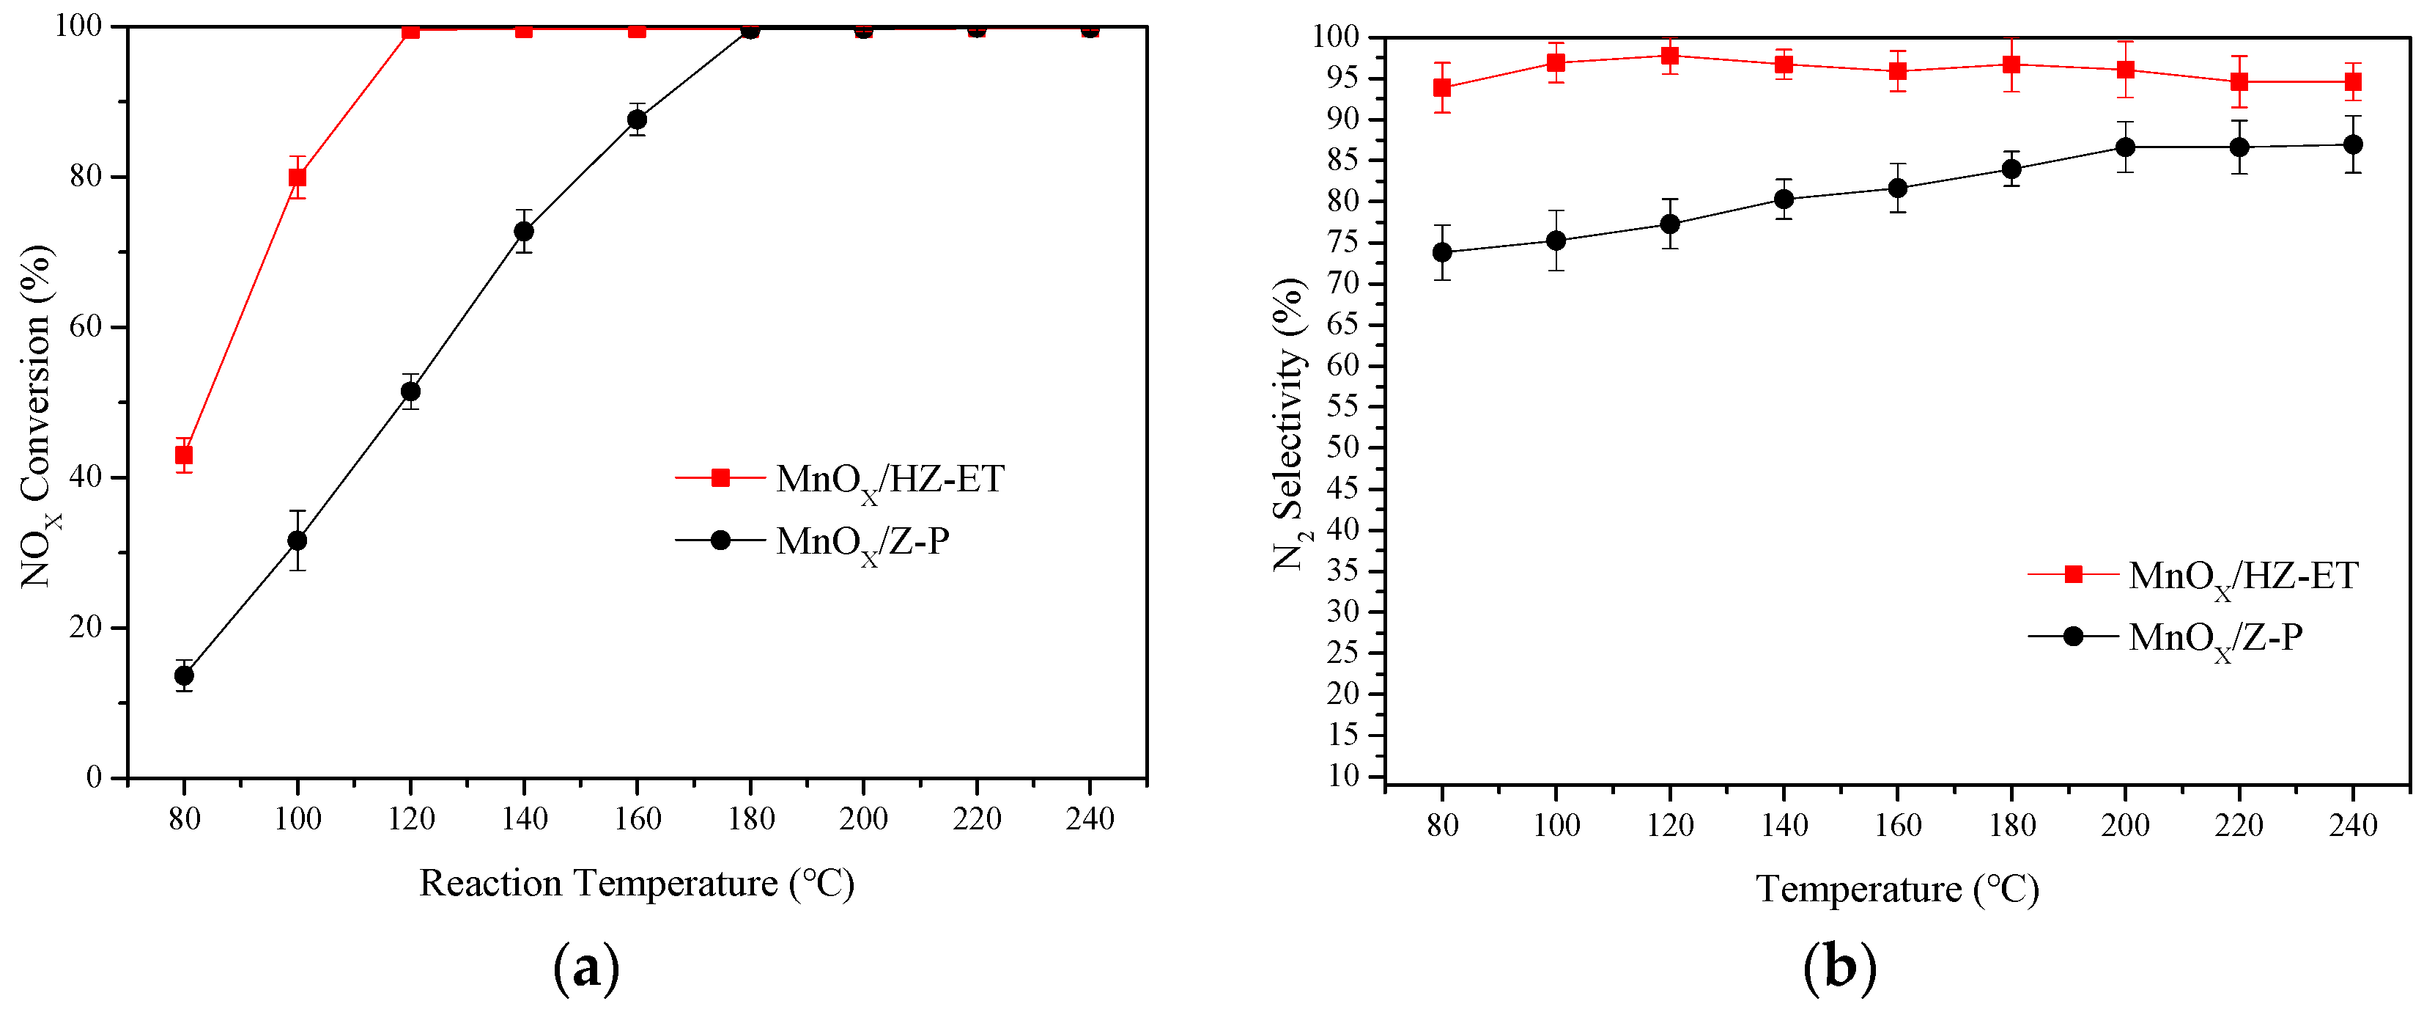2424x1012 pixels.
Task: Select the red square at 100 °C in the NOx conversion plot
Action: [x=298, y=177]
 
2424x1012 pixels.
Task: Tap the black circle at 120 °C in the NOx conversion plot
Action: [x=410, y=392]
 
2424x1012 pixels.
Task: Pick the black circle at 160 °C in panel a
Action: [x=637, y=120]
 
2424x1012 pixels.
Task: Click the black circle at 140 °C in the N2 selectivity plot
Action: [x=1783, y=199]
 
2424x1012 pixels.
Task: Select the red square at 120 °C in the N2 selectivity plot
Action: [x=1669, y=56]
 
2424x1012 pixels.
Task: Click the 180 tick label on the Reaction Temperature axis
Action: [x=751, y=819]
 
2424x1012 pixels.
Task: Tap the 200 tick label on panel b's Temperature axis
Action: [x=2125, y=826]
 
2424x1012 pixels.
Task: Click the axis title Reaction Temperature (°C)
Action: [x=636, y=883]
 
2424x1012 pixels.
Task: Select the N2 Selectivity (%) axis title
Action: [x=1290, y=424]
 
